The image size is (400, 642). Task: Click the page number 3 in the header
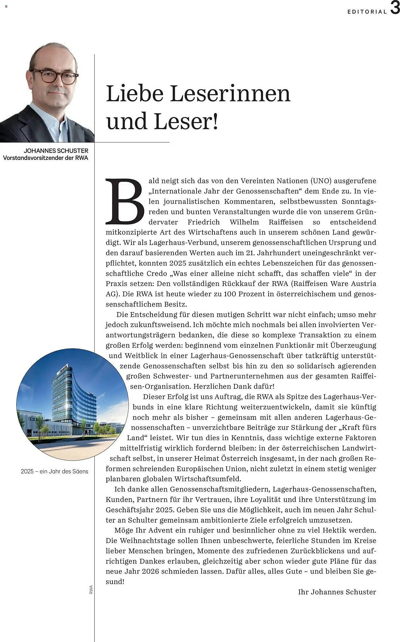coord(395,8)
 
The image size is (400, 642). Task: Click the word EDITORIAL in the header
coord(367,12)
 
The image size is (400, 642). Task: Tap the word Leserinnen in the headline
coord(230,93)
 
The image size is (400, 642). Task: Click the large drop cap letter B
coord(125,201)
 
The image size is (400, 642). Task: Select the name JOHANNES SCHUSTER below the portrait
coord(56,151)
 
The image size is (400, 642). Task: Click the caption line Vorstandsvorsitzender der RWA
coord(46,158)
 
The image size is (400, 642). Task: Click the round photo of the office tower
coord(73,404)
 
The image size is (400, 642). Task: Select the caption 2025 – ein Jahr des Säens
coord(54,471)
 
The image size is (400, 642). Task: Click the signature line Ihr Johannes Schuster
coord(337,592)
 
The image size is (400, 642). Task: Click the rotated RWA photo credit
coord(91,589)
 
